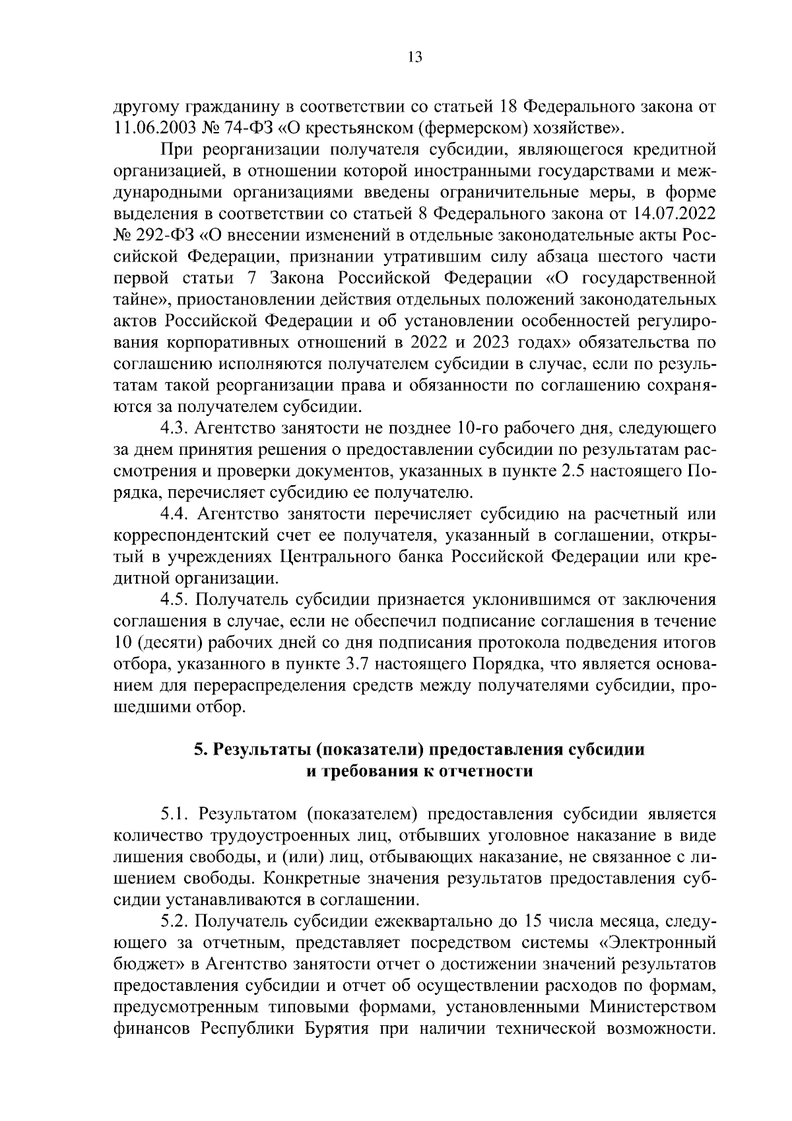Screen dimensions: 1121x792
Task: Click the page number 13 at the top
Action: pyautogui.click(x=415, y=57)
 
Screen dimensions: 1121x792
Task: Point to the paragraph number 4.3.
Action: pyautogui.click(x=175, y=429)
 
